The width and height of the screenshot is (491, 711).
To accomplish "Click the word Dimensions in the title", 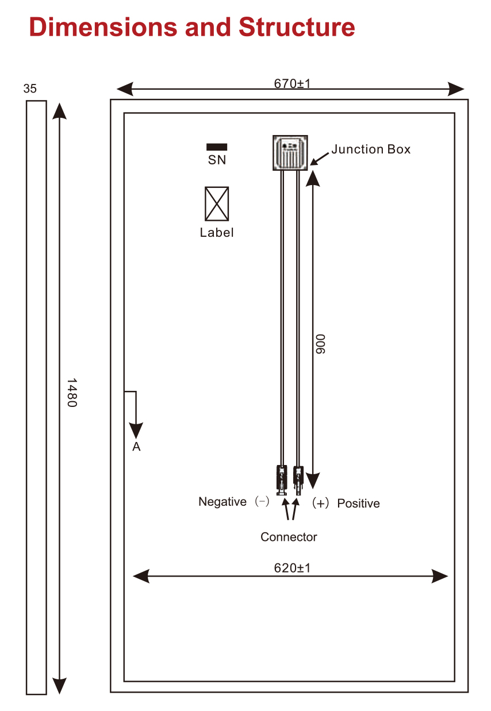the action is (103, 27).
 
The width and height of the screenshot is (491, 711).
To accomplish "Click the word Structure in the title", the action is (297, 27).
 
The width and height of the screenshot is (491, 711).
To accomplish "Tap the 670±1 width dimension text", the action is (292, 83).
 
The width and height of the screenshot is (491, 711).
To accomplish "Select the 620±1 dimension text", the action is (292, 568).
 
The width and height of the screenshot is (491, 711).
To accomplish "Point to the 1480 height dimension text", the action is (72, 393).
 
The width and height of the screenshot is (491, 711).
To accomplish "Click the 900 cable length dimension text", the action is (320, 344).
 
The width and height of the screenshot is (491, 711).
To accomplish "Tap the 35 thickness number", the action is (30, 89).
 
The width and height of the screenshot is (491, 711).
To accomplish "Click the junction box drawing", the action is (290, 153).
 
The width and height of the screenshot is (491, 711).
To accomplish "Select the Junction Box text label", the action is (371, 149).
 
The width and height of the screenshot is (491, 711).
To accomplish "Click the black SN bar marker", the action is (217, 147).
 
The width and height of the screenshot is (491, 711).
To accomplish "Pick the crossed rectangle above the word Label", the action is (217, 204).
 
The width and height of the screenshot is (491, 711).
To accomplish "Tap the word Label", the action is (217, 233).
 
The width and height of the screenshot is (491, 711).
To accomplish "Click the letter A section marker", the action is (136, 447).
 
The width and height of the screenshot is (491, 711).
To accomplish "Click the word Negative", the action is (223, 502).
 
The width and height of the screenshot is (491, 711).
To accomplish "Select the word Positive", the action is (358, 504).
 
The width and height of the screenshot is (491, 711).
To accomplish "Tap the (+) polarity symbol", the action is (320, 503).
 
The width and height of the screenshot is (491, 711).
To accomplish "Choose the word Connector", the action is (289, 537).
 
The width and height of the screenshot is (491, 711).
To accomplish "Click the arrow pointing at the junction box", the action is (319, 159).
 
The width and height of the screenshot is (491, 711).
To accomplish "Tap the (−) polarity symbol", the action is (262, 502).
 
